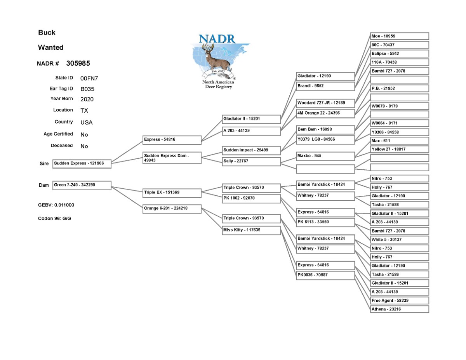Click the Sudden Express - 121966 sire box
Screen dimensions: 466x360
(82, 164)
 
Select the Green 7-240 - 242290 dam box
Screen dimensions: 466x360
(82, 186)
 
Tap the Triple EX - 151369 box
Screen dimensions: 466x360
(172, 193)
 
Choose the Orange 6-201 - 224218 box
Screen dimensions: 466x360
(172, 209)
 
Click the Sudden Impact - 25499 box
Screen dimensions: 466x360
(251, 151)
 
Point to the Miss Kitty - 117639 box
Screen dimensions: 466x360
(251, 231)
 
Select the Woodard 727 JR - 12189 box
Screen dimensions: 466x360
(325, 103)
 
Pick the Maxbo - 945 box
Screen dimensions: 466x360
(325, 156)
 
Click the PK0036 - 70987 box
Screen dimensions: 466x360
(325, 275)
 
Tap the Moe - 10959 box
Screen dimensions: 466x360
(400, 36)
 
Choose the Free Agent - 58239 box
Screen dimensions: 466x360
(400, 301)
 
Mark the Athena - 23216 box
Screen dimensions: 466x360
(400, 309)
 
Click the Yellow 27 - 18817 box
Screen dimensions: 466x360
(400, 149)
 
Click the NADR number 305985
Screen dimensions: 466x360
(78, 63)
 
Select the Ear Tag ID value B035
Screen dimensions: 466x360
(87, 89)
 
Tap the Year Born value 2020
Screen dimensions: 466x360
(87, 99)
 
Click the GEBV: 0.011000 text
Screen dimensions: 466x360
(56, 205)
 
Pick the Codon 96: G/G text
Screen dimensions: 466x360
(54, 219)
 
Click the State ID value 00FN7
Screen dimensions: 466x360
(89, 78)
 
